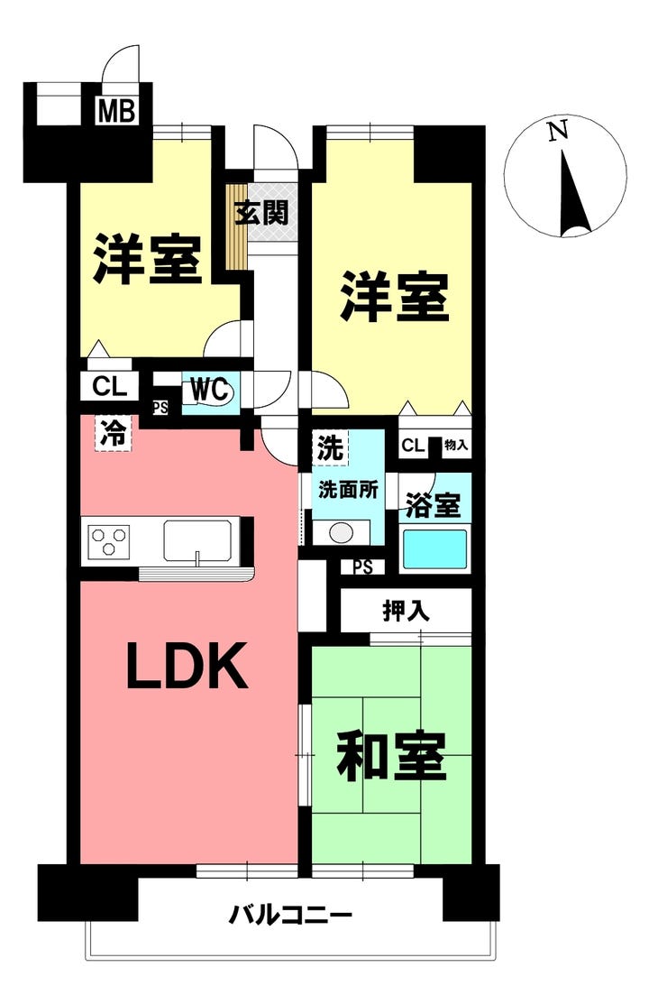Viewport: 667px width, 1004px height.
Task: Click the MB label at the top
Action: pos(117,112)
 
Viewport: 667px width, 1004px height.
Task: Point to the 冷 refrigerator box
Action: pos(114,432)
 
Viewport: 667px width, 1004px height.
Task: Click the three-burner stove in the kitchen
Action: pos(110,542)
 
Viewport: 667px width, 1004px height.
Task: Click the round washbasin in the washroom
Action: pos(343,532)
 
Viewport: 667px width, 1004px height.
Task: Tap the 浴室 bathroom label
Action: pos(434,505)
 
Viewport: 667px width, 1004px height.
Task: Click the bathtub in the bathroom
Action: pos(434,548)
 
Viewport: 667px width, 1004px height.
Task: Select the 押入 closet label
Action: pos(407,611)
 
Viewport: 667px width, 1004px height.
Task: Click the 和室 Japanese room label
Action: pos(391,758)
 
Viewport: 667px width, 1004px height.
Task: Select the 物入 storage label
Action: pos(456,446)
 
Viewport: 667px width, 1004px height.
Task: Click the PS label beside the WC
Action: pos(160,407)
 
